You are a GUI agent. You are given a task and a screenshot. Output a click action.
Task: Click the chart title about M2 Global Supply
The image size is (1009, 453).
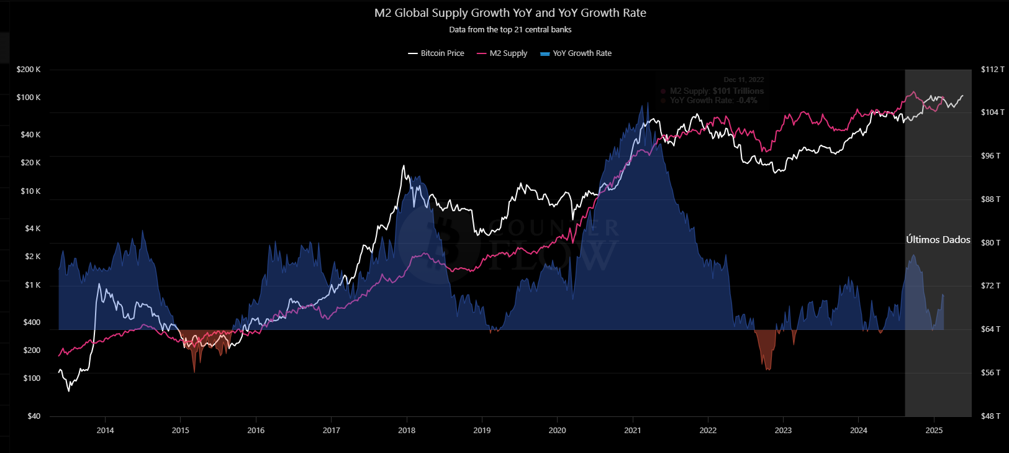coord(510,13)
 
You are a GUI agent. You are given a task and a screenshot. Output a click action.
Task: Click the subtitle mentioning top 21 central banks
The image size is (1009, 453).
coord(510,30)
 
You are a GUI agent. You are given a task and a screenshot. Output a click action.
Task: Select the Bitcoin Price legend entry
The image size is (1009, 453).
coord(436,53)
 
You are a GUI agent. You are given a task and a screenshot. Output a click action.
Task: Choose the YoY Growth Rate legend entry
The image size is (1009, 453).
coord(576,53)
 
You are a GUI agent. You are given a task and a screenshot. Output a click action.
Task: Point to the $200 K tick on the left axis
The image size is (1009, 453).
coord(29,70)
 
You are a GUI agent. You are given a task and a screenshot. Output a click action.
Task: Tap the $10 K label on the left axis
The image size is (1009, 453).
coord(30,191)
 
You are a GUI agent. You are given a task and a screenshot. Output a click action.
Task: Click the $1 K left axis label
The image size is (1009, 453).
coord(32,285)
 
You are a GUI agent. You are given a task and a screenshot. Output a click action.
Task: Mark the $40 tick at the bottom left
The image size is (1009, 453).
coord(34,416)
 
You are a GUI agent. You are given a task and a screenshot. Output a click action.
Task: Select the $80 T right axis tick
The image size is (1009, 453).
coord(990,243)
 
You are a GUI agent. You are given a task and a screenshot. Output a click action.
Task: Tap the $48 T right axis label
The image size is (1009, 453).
coord(990,416)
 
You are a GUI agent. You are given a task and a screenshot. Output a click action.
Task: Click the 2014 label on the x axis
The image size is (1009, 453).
coord(105,431)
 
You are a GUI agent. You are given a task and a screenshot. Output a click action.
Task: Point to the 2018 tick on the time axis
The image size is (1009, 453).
coord(407,431)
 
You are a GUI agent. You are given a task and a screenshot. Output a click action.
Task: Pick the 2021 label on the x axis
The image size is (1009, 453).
coord(633,431)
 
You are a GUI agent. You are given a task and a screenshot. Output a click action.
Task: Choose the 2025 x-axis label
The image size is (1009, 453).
coord(934,431)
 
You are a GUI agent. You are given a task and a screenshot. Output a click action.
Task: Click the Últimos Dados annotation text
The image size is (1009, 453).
coord(938,240)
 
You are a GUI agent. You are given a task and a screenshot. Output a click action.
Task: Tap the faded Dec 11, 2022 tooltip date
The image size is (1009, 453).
coord(743,80)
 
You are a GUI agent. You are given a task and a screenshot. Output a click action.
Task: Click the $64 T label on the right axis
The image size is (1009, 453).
coord(990,329)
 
